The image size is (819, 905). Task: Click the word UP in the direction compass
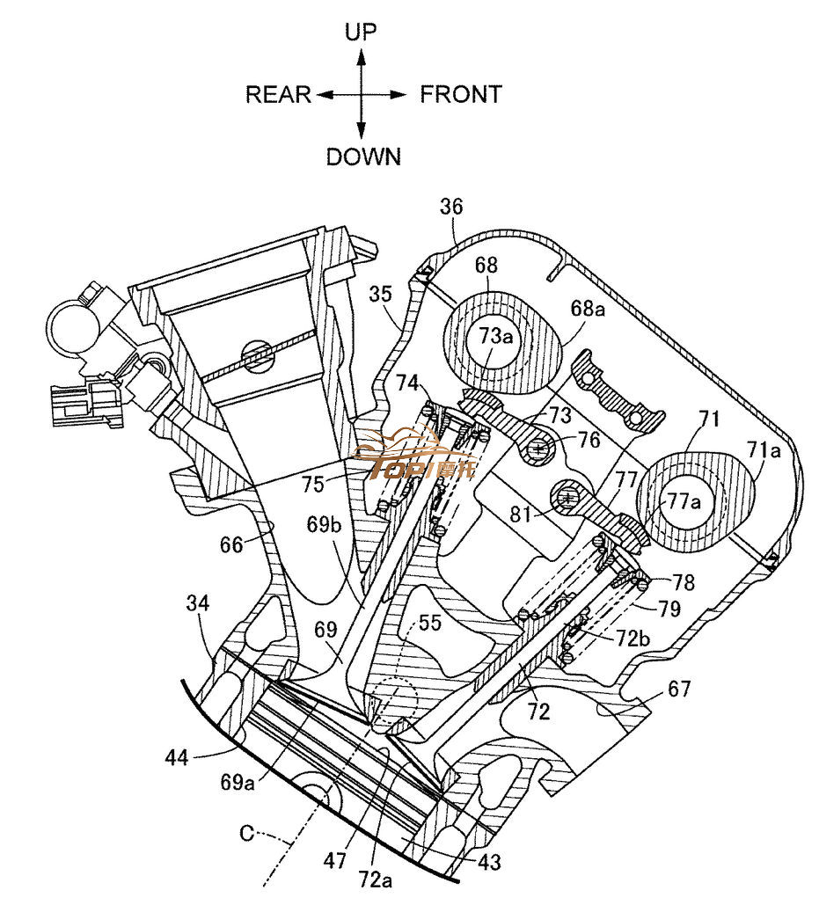pyautogui.click(x=361, y=33)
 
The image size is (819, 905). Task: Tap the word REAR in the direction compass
pyautogui.click(x=278, y=94)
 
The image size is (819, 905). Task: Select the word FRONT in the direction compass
pyautogui.click(x=461, y=94)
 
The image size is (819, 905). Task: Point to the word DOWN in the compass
pyautogui.click(x=363, y=157)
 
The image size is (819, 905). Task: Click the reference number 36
pyautogui.click(x=451, y=208)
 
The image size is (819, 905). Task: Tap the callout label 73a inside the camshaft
pyautogui.click(x=495, y=336)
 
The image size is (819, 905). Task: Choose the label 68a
pyautogui.click(x=588, y=309)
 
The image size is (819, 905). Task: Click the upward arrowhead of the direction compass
pyautogui.click(x=361, y=55)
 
